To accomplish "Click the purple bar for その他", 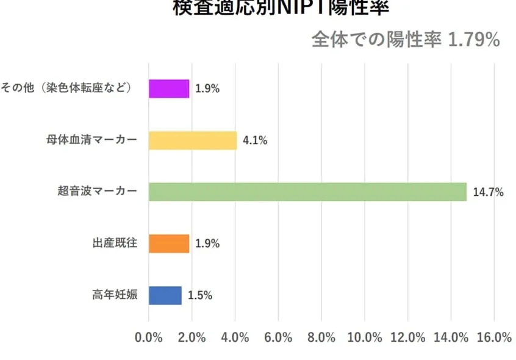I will (x=169, y=88).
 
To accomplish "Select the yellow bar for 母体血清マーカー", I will (x=193, y=140).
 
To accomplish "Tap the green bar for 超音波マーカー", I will (x=307, y=192).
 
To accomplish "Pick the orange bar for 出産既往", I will (x=169, y=243).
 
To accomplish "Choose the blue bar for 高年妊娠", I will (x=165, y=295).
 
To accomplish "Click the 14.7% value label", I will (x=488, y=193).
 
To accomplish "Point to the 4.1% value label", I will (x=255, y=141).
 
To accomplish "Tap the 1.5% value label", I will (x=199, y=296).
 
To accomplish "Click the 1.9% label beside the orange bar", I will (x=207, y=244).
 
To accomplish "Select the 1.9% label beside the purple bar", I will (x=207, y=89).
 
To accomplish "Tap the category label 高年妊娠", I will (x=114, y=295).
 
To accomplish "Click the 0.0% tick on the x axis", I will (x=149, y=338).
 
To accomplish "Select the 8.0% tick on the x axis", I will (x=321, y=338).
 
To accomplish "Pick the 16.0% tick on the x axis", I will (x=494, y=338).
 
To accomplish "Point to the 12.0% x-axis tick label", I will (x=407, y=338).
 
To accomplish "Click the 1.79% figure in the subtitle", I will (x=474, y=40).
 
